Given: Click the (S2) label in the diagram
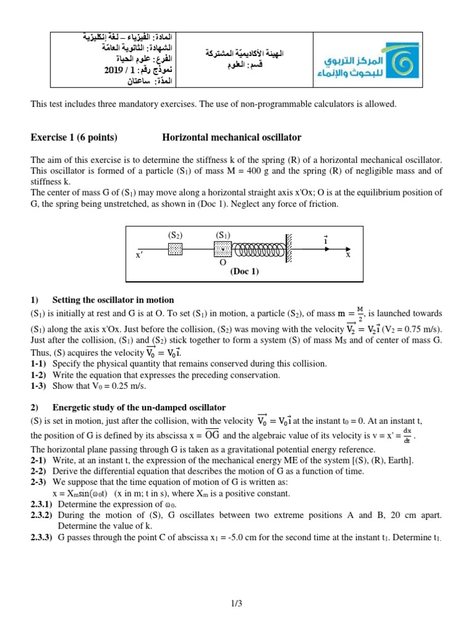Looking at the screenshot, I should [x=176, y=235].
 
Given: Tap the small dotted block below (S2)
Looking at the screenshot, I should [x=176, y=249].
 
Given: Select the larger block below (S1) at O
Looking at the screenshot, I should [x=222, y=249].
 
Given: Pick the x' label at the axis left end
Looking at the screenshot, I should [x=139, y=254].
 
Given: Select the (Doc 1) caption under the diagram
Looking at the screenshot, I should [x=245, y=271].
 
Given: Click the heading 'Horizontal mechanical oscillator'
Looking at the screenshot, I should [x=232, y=137].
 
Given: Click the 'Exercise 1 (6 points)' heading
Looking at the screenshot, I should [x=74, y=137].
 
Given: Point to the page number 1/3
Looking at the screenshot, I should [x=236, y=604].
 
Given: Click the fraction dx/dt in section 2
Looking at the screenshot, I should [x=407, y=433].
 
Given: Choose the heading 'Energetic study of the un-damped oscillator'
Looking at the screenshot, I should [x=139, y=407].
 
